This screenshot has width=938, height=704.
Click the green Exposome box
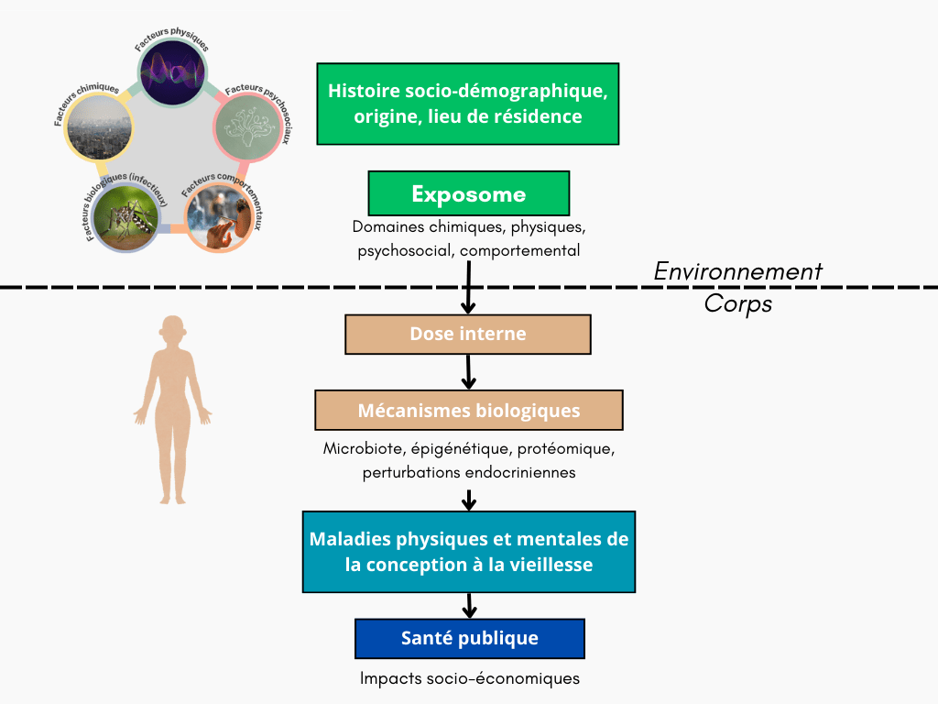(x=468, y=193)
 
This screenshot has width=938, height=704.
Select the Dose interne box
(x=467, y=334)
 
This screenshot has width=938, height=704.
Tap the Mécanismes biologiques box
(x=468, y=410)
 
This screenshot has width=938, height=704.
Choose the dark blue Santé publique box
(x=469, y=638)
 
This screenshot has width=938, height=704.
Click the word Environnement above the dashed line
(x=737, y=272)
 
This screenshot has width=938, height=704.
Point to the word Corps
(x=737, y=304)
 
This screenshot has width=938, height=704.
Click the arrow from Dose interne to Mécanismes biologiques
(x=468, y=371)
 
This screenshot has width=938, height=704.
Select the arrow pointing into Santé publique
(x=469, y=605)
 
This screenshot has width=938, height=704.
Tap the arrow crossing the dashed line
(x=469, y=287)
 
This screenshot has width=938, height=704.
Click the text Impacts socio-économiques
(x=469, y=679)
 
